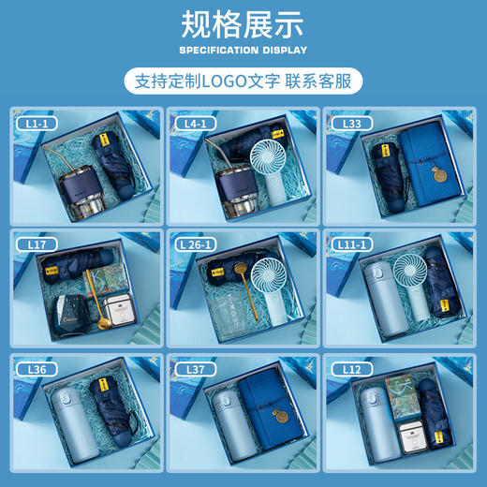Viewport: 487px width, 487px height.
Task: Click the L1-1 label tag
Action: click(x=36, y=123)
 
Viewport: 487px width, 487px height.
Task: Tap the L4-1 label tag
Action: click(x=195, y=123)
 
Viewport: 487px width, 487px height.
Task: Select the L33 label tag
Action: click(x=348, y=123)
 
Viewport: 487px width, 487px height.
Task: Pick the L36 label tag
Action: click(x=37, y=369)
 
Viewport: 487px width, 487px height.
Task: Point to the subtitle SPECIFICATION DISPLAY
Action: click(x=243, y=50)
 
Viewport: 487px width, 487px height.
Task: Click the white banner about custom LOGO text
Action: click(x=243, y=81)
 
